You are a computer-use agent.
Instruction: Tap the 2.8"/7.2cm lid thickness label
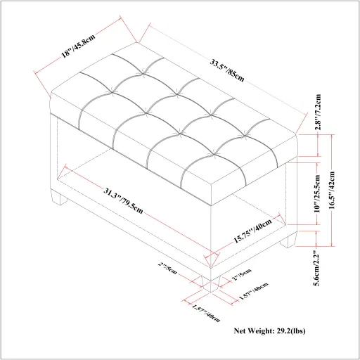pyautogui.click(x=319, y=112)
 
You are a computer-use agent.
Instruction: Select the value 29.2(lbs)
pyautogui.click(x=307, y=330)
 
